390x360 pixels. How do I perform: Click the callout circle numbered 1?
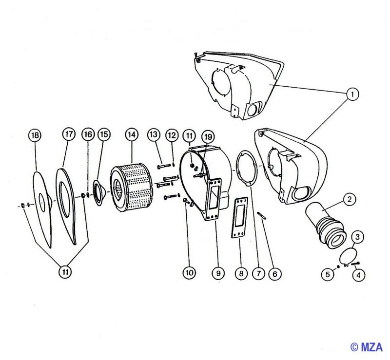pyautogui.click(x=352, y=94)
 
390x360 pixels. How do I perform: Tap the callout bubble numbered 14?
pyautogui.click(x=132, y=135)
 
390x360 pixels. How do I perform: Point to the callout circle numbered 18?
pyautogui.click(x=35, y=135)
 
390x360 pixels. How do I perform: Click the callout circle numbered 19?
pyautogui.click(x=208, y=136)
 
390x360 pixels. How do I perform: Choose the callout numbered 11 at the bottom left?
pyautogui.click(x=65, y=272)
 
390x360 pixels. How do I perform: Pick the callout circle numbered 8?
pyautogui.click(x=241, y=273)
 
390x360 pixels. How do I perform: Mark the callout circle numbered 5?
pyautogui.click(x=328, y=274)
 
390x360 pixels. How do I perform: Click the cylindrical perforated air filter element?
pyautogui.click(x=131, y=187)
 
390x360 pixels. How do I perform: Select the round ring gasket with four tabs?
pyautogui.click(x=245, y=169)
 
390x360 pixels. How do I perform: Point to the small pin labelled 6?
pyautogui.click(x=262, y=215)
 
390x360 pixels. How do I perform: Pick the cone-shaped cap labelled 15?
pyautogui.click(x=99, y=193)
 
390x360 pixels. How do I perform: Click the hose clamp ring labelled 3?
pyautogui.click(x=348, y=256)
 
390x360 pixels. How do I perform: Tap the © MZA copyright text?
pyautogui.click(x=367, y=347)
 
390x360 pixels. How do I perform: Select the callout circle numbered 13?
pyautogui.click(x=154, y=134)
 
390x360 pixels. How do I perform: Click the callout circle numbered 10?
pyautogui.click(x=189, y=273)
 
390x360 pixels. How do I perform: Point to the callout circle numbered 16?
pyautogui.click(x=88, y=134)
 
